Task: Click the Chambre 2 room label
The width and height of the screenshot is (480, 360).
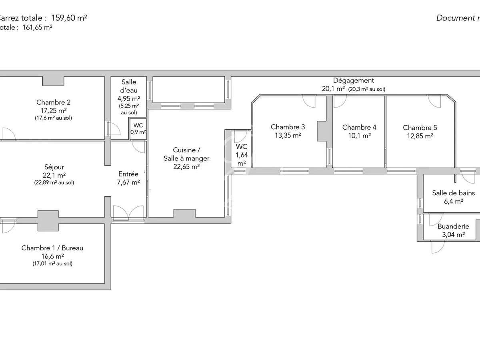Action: point(53,102)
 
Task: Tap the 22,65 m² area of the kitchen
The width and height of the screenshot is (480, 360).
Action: point(186,167)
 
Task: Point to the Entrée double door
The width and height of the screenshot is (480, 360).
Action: point(128,213)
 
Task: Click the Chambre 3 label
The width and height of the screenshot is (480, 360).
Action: point(288,127)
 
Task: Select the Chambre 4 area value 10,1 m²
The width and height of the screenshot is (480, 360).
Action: point(359,136)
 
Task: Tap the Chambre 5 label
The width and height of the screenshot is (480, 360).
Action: point(420,128)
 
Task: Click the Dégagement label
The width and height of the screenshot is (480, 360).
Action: point(353,80)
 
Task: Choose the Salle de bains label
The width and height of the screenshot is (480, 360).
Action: point(453,193)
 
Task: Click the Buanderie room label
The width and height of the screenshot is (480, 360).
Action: point(453,226)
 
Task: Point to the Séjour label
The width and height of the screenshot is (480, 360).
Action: point(54,167)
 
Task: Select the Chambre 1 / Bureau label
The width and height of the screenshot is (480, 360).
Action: point(52,248)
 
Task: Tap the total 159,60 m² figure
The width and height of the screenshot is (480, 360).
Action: point(69,18)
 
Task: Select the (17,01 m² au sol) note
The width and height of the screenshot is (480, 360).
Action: point(52,264)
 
